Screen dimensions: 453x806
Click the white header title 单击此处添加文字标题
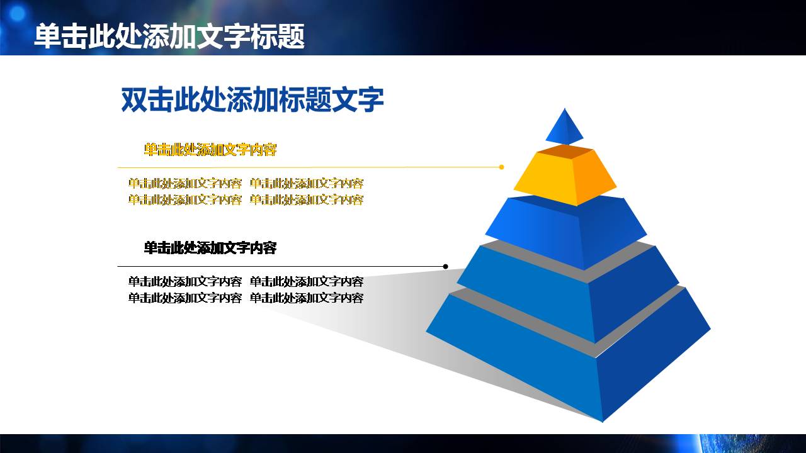point(169,36)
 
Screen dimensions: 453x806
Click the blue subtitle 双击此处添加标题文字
point(252,100)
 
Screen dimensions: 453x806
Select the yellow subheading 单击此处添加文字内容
point(210,150)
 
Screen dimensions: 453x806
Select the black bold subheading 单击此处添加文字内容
point(210,248)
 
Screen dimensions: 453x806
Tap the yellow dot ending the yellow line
point(501,167)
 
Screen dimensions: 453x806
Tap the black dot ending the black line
point(446,267)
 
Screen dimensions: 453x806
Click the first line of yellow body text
point(246,184)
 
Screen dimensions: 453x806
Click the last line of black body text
point(246,298)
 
